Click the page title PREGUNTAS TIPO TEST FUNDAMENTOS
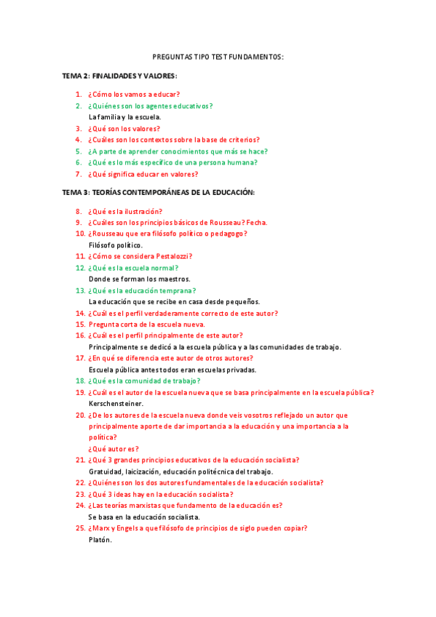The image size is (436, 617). [218, 56]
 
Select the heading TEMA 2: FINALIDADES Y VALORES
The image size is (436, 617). [120, 76]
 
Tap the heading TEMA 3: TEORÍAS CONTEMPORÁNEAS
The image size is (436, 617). [158, 192]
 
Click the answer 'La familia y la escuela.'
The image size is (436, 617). [124, 116]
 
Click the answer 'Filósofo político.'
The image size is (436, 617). [116, 245]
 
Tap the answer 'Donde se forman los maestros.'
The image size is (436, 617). [140, 279]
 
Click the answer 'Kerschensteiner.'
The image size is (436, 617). [116, 403]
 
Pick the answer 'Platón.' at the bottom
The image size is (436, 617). [100, 539]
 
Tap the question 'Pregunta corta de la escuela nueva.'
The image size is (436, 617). [146, 325]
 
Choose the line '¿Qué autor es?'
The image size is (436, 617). [114, 449]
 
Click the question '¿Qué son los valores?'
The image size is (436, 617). [124, 129]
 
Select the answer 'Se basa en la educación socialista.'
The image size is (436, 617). [144, 517]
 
